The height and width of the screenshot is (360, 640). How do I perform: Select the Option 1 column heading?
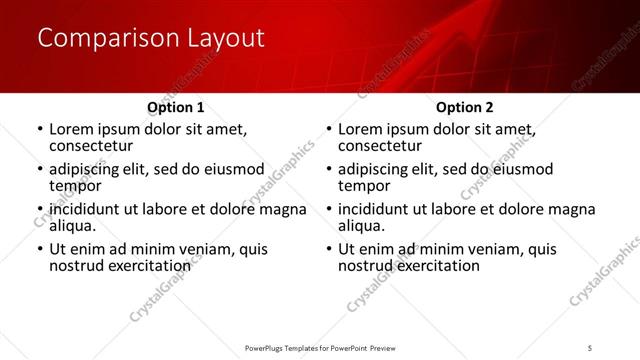(175, 107)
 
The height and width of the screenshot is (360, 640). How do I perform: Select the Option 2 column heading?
(464, 107)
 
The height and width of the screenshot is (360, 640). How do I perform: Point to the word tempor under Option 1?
(75, 185)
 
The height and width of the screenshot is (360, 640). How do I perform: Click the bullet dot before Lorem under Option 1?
(39, 130)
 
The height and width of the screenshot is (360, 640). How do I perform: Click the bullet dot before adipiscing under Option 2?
(328, 170)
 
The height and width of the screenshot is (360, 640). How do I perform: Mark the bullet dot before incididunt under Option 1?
(39, 210)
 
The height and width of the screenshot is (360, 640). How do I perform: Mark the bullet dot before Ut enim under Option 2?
(328, 250)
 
